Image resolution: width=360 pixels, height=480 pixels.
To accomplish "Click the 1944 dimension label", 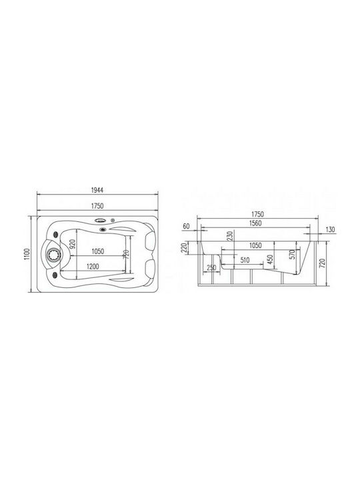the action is point(97,190).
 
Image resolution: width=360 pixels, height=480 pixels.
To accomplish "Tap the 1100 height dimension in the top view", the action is point(27,254).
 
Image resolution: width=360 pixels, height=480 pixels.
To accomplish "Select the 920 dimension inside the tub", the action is point(73,244).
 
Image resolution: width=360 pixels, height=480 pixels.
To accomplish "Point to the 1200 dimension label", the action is point(93,267).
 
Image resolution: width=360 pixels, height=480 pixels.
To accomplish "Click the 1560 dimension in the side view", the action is point(255,223).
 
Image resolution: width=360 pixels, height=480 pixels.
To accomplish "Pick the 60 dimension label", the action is point(186,226).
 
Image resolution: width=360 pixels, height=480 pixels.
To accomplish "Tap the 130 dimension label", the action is point(330,229).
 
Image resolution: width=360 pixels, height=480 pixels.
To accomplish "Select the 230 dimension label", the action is point(230,236).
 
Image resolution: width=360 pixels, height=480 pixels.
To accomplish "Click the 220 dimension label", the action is point(184,247).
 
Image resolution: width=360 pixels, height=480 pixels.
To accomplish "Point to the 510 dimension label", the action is point(245,260).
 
